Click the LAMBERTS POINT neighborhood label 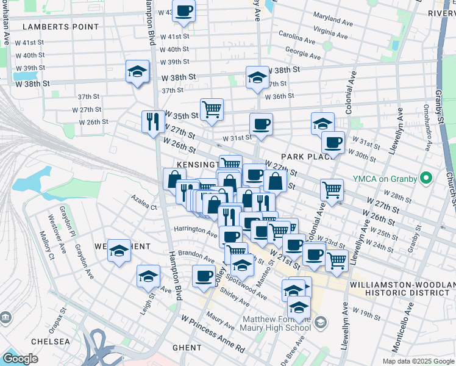pyautogui.click(x=60, y=27)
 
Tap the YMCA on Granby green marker pyautogui.click(x=427, y=179)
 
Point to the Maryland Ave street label pyautogui.click(x=333, y=18)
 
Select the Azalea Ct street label pyautogui.click(x=145, y=201)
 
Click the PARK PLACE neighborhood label pyautogui.click(x=307, y=157)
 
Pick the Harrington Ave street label pyautogui.click(x=196, y=232)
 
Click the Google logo pyautogui.click(x=20, y=359)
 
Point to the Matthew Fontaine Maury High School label pyautogui.click(x=277, y=324)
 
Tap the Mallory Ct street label pyautogui.click(x=46, y=245)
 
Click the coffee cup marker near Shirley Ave pyautogui.click(x=204, y=276)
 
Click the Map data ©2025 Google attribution pyautogui.click(x=418, y=361)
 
